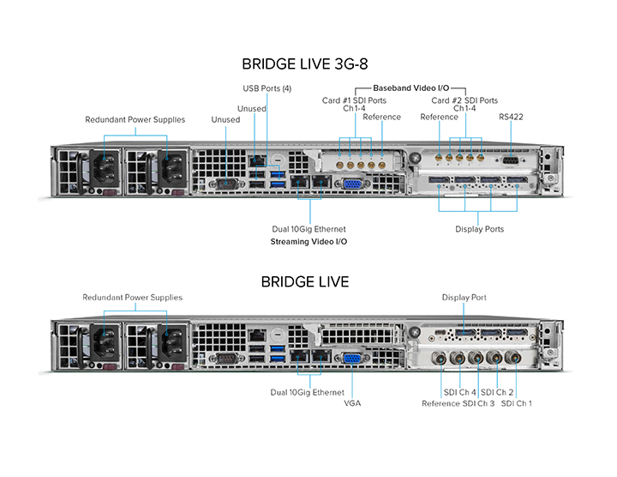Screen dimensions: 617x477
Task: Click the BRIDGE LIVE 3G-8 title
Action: click(x=304, y=63)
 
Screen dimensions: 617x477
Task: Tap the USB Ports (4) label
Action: click(x=267, y=88)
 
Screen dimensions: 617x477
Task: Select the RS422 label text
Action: click(x=511, y=117)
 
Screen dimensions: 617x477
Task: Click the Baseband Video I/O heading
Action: click(x=410, y=88)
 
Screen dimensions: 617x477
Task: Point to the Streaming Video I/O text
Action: click(x=308, y=241)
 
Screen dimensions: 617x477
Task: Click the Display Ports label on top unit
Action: click(x=479, y=229)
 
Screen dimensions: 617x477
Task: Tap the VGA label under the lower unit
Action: click(x=352, y=403)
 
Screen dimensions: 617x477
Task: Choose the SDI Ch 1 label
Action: click(x=516, y=403)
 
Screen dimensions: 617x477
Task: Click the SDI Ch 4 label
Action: click(x=459, y=392)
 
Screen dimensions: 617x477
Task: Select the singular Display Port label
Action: click(x=464, y=298)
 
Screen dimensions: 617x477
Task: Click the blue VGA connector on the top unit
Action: click(x=352, y=184)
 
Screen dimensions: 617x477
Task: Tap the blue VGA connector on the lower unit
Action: click(x=352, y=358)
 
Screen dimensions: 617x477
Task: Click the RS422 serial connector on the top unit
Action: click(x=511, y=160)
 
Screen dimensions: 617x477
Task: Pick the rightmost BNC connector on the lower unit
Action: click(x=513, y=358)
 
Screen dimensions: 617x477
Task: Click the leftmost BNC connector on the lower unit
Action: click(x=440, y=359)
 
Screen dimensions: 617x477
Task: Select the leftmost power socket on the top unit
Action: click(x=105, y=168)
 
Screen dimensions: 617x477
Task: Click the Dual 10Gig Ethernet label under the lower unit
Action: click(x=308, y=392)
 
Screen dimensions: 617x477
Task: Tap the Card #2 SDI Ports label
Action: click(x=464, y=100)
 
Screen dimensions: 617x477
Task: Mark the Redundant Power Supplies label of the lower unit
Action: click(x=132, y=298)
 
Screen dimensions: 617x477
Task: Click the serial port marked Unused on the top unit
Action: click(x=226, y=184)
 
